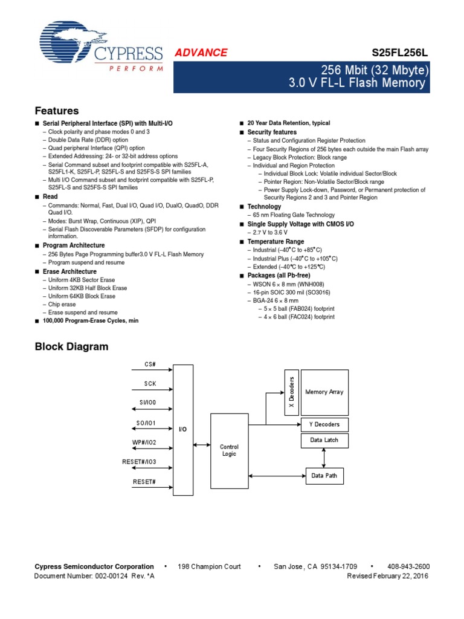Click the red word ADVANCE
(x=201, y=53)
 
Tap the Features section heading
(x=57, y=111)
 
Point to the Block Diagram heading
(x=71, y=346)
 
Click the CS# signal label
(x=150, y=364)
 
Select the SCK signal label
(x=150, y=383)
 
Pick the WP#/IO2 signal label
(x=146, y=442)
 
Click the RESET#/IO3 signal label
(x=140, y=462)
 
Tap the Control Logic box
(x=229, y=450)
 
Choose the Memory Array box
(x=324, y=392)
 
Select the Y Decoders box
(x=324, y=424)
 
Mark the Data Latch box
(x=324, y=440)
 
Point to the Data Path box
(x=324, y=476)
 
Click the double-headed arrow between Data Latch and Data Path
(x=324, y=458)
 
